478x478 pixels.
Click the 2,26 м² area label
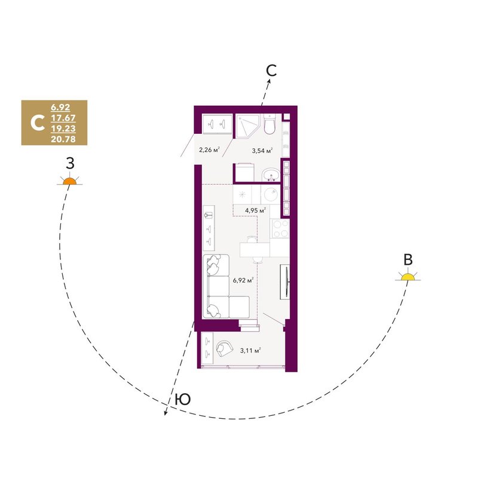210,150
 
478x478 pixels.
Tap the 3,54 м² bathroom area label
262,150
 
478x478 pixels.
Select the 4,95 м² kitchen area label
256,210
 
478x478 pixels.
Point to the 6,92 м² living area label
243,280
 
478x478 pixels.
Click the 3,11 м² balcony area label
250,350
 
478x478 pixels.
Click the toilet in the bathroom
269,125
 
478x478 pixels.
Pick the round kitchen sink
271,194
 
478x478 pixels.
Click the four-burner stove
280,229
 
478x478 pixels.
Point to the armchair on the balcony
225,348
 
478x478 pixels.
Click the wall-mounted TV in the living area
286,282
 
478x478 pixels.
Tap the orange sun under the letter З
70,181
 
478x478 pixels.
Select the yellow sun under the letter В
408,277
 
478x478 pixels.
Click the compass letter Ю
183,399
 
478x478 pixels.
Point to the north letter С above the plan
271,71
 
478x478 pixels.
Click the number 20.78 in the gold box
63,139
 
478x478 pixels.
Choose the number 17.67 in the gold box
63,118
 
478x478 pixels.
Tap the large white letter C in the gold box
38,123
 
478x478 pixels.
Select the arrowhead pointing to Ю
166,412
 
